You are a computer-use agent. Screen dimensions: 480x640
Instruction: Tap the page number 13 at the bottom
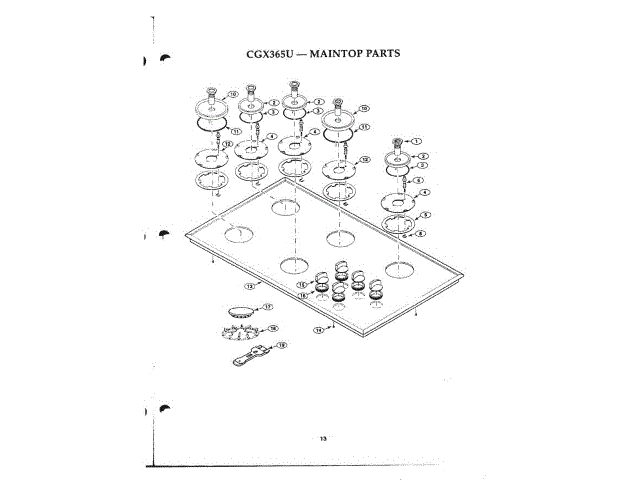323,438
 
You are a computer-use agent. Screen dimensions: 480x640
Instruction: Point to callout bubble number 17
268,307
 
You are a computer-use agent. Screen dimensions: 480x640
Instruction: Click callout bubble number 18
273,328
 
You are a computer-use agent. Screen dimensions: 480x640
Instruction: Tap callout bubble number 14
319,329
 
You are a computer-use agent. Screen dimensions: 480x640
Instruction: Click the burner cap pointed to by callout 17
240,311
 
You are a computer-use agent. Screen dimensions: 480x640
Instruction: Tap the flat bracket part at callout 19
252,352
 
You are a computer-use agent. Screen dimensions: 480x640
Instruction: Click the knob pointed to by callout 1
398,142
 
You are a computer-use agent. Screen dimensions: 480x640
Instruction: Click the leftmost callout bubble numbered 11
235,131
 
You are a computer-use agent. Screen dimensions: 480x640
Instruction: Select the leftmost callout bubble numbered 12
227,146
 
